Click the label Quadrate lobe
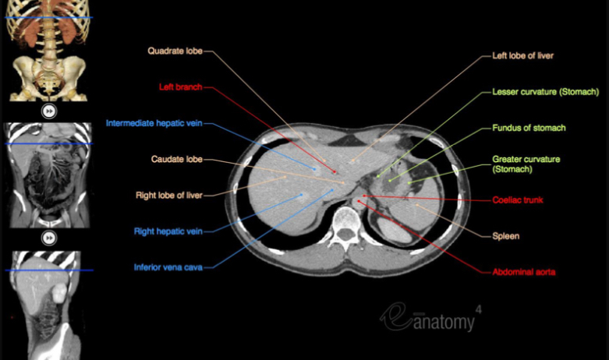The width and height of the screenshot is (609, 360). coord(175,51)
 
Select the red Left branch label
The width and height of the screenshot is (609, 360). coord(181,87)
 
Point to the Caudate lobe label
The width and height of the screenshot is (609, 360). coord(177,159)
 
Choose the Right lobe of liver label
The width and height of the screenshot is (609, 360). coord(169,195)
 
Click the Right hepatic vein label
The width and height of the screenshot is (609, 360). coord(168,231)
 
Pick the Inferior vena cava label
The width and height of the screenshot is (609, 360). coord(168,267)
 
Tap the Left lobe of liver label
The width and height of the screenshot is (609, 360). coord(522,56)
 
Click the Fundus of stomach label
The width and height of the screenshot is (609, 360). coord(529,128)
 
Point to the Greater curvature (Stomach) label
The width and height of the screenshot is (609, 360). coord(526,164)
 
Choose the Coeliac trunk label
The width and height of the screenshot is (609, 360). coord(518,200)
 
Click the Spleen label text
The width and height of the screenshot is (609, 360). coord(506,235)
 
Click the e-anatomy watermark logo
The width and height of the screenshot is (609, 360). coord(429,316)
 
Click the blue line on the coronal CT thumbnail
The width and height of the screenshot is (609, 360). coord(48,144)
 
